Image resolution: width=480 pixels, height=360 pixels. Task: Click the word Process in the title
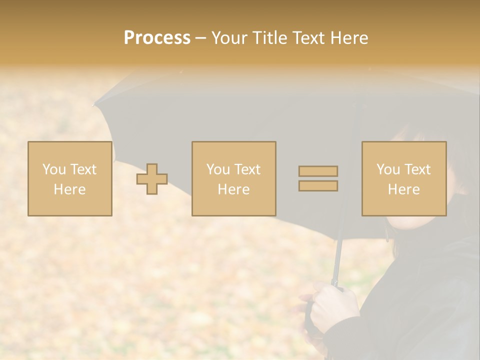[157, 37]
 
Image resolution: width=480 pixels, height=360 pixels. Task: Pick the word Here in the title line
[350, 37]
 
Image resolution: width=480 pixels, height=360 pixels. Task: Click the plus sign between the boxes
[152, 179]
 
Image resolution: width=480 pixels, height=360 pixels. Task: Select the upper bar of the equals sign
[318, 171]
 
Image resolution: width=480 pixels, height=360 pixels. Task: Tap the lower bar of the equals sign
[318, 186]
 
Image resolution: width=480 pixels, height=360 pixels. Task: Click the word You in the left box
[54, 169]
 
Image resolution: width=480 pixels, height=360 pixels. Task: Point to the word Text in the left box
[83, 169]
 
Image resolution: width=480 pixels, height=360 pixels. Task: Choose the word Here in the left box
[69, 189]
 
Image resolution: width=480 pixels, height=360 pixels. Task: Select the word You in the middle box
[218, 169]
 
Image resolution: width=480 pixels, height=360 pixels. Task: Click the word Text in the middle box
[247, 169]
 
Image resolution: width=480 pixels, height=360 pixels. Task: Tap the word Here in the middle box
[233, 189]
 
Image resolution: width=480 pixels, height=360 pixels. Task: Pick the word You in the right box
[388, 169]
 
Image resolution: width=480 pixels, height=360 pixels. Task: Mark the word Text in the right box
[417, 169]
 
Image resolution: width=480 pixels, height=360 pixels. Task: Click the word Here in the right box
[403, 189]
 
